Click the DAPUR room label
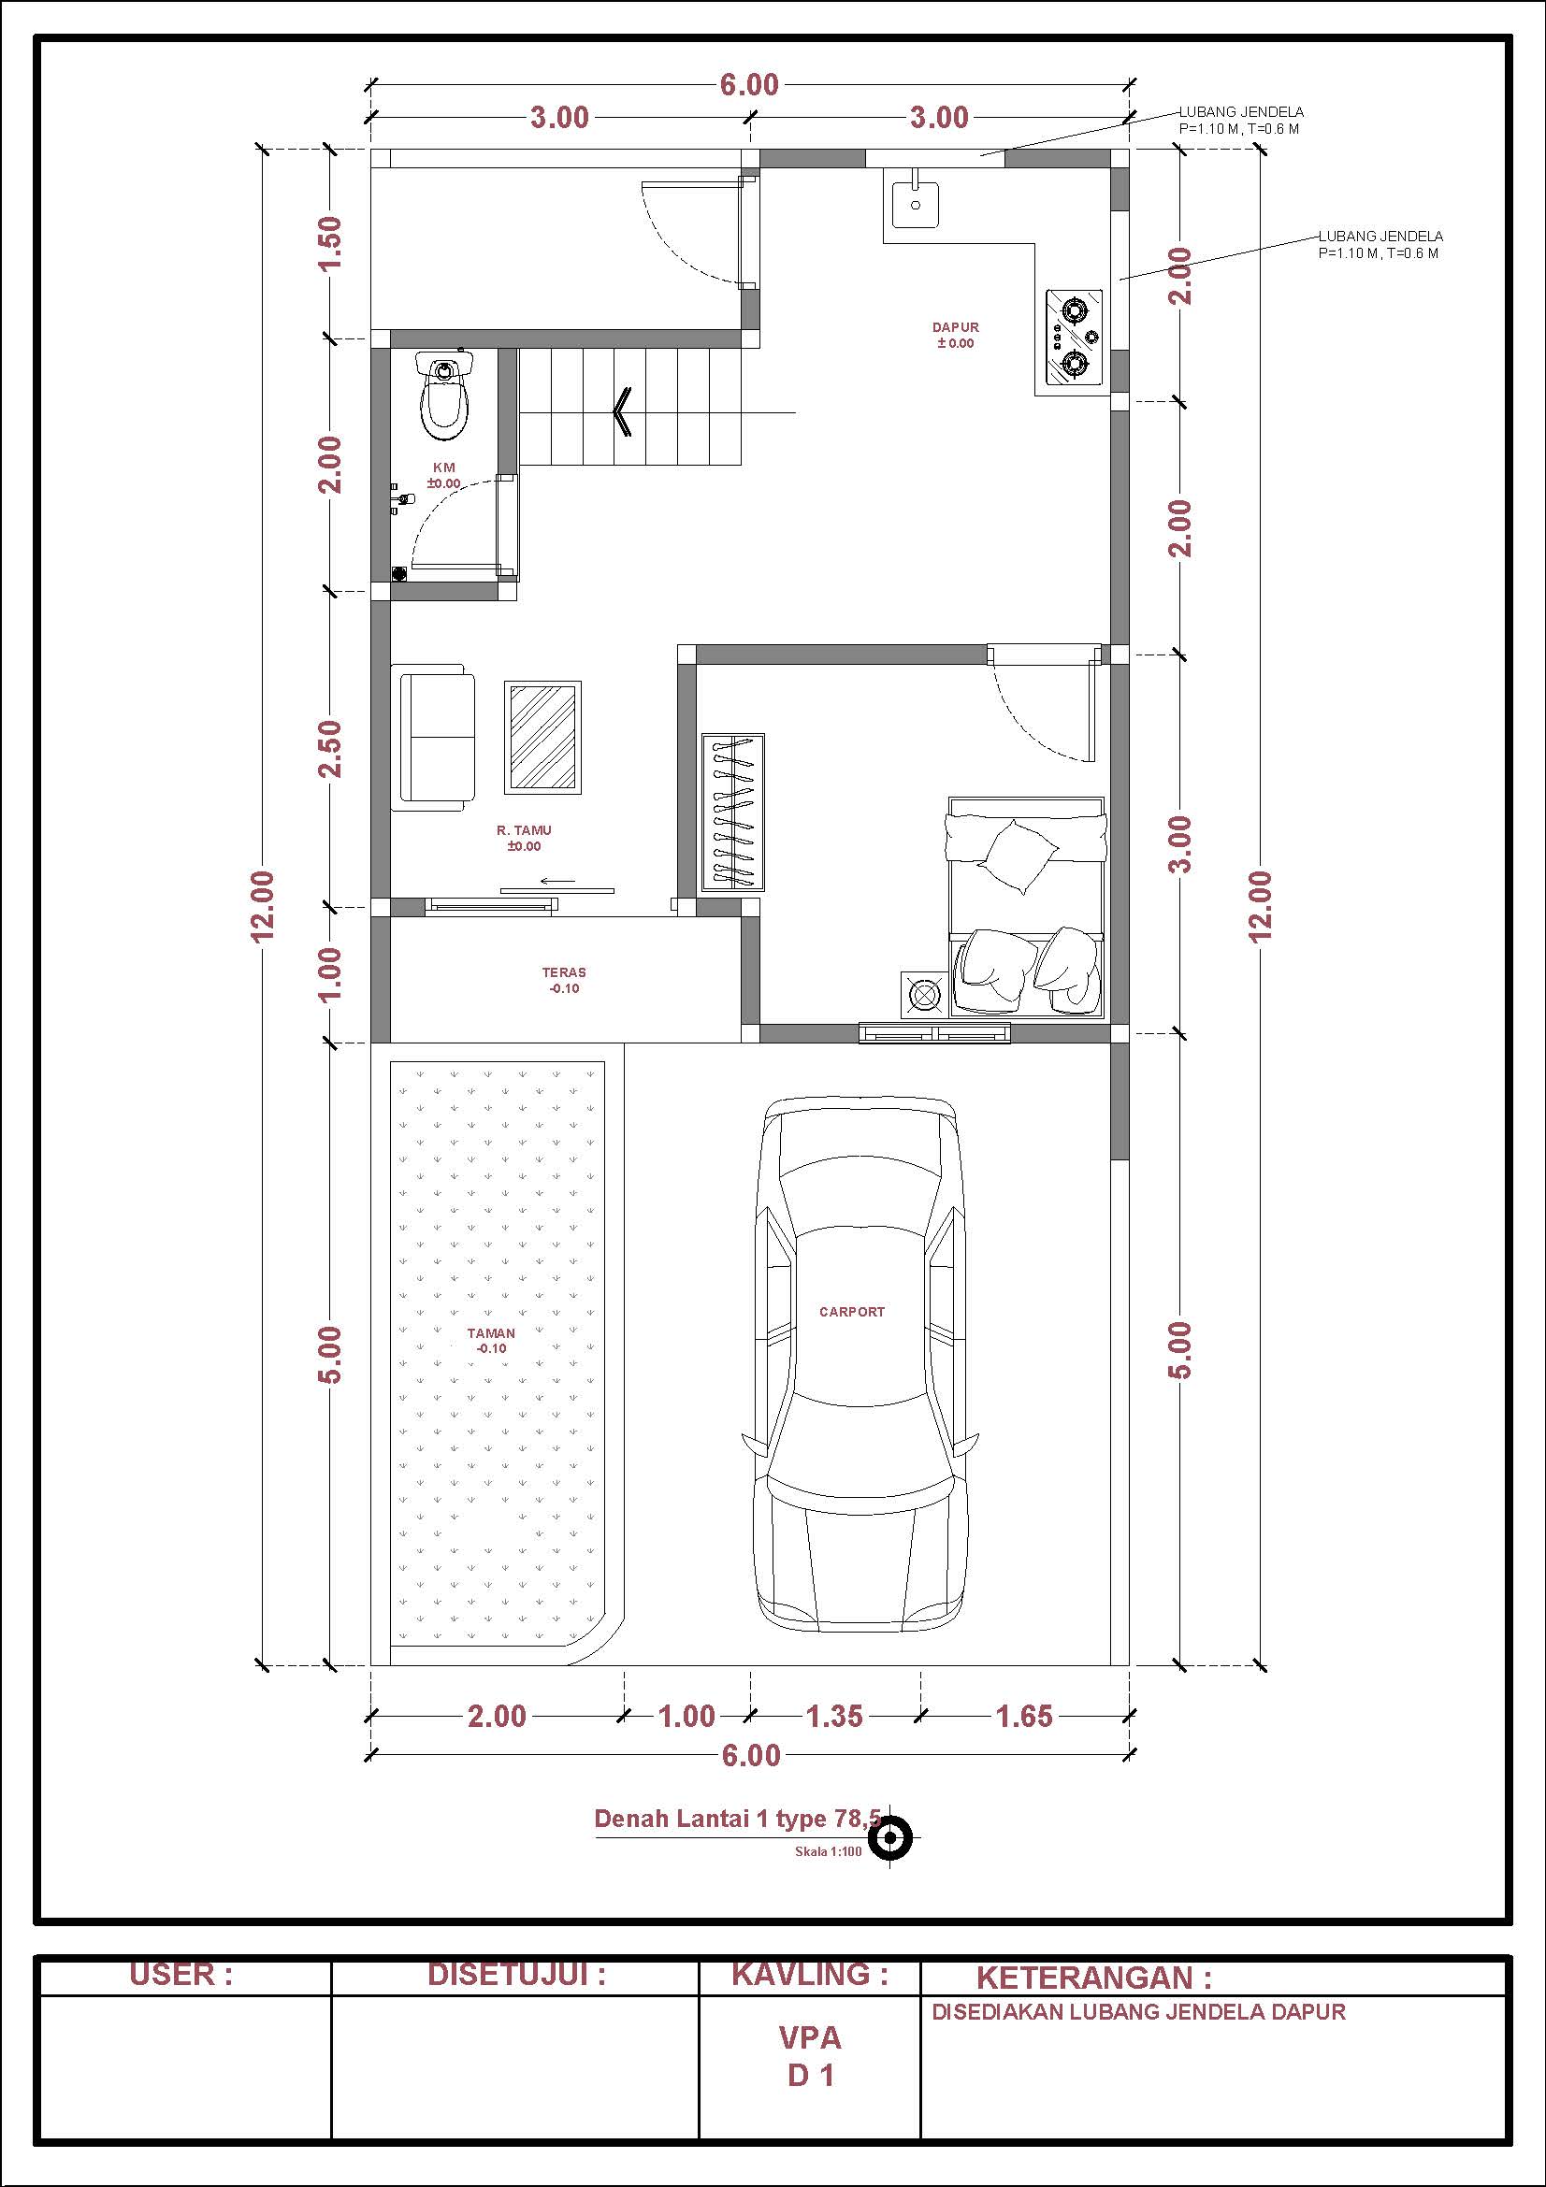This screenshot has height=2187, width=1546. click(x=956, y=327)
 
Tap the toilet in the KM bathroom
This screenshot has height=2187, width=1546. click(x=444, y=395)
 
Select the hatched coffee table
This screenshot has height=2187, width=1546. click(x=543, y=736)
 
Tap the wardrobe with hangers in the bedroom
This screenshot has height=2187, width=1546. click(x=733, y=813)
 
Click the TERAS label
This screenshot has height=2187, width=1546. click(x=564, y=972)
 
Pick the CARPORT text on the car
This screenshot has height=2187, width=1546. click(x=852, y=1312)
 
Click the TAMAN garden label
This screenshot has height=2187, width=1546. click(x=492, y=1333)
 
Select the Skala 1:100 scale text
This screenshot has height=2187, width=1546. click(x=828, y=1851)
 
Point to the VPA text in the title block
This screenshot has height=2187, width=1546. click(x=811, y=2037)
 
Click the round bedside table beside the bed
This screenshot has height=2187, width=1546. click(x=923, y=995)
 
